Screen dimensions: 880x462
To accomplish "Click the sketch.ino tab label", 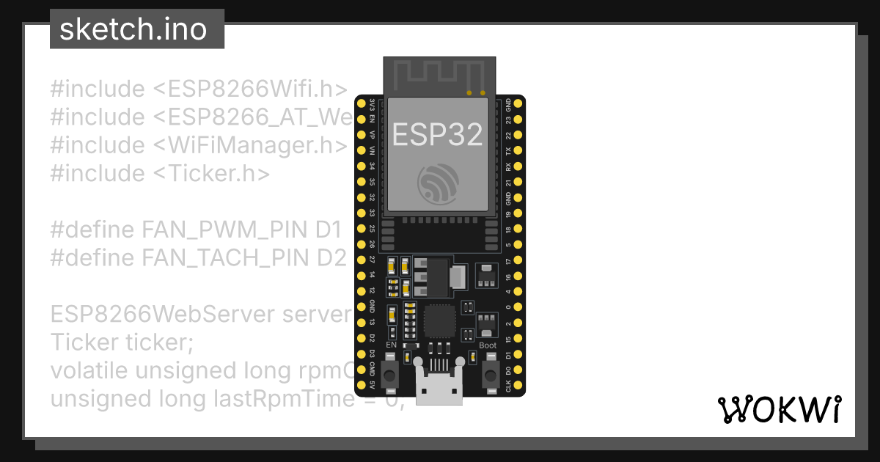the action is (133, 29).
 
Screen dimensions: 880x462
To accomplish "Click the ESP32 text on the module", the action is (438, 135).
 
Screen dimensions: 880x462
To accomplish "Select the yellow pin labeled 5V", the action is (361, 385).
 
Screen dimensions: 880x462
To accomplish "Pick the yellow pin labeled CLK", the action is (518, 385).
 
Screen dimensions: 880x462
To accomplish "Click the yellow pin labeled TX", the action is (518, 150).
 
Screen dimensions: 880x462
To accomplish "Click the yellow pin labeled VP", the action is (361, 135).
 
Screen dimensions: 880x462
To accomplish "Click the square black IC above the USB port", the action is (439, 320).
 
